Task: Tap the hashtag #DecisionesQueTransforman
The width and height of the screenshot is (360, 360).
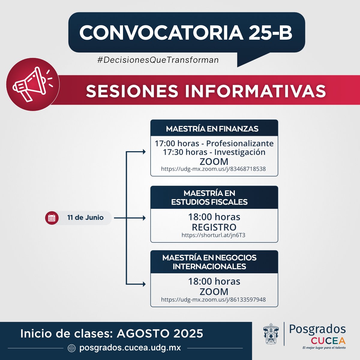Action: (158, 60)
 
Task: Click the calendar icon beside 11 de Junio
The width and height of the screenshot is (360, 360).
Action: (52, 218)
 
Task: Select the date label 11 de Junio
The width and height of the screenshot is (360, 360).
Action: (85, 217)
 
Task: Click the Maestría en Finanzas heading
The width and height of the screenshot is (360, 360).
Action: (212, 129)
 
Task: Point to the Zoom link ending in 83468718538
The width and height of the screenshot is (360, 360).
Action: (213, 169)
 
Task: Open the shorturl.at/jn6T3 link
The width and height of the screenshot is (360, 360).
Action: (213, 235)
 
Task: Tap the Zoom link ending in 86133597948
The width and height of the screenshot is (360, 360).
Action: (213, 299)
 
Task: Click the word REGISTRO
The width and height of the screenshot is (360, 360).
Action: (214, 227)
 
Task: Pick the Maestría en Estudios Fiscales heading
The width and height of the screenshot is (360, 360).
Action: (209, 197)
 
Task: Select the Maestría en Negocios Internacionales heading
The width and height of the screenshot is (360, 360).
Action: (209, 262)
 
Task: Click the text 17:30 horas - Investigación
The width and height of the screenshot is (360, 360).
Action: (214, 152)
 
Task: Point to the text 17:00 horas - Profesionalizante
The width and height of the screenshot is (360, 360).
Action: (214, 143)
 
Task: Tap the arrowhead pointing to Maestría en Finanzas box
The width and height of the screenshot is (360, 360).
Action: (144, 152)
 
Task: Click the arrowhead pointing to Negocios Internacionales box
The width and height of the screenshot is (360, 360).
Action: (144, 284)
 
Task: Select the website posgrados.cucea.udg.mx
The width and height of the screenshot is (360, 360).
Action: (130, 348)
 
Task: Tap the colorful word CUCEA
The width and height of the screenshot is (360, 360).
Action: (328, 341)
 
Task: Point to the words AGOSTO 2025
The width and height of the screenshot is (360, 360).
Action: (160, 333)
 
